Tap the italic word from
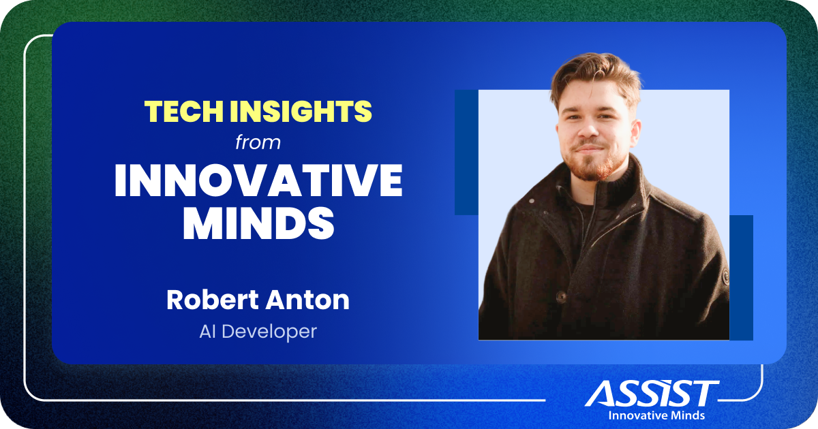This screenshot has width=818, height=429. [x=258, y=144]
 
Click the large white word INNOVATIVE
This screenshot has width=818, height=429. [x=258, y=180]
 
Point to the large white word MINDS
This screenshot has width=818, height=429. [x=258, y=224]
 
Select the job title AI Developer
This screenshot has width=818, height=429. [x=258, y=333]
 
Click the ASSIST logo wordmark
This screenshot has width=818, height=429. [x=652, y=394]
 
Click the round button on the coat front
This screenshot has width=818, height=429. [x=561, y=297]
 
